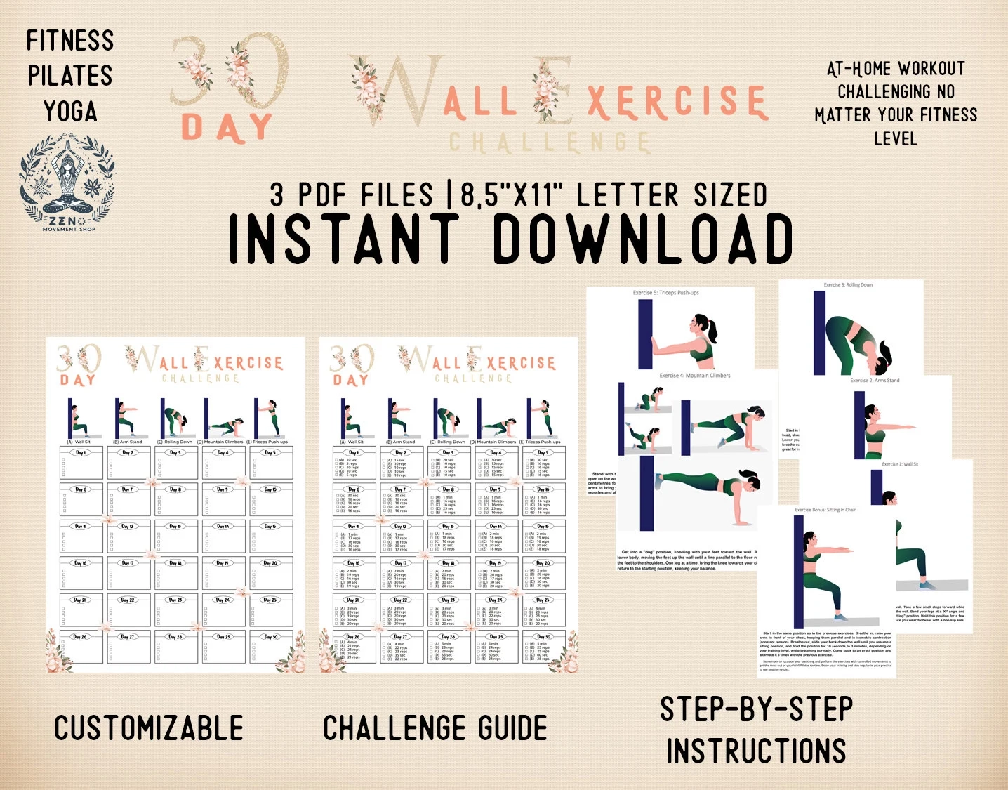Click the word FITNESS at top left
click(x=70, y=41)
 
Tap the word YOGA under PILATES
click(x=70, y=112)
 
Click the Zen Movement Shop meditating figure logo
click(x=67, y=180)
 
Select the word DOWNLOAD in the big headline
click(x=643, y=239)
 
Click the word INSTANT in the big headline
click(x=344, y=239)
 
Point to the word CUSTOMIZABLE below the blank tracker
click(x=149, y=728)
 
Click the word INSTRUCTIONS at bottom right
click(x=756, y=751)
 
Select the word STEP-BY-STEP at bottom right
click(x=756, y=709)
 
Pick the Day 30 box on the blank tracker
click(x=270, y=647)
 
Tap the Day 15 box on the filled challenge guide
click(x=543, y=538)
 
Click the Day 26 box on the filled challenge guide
click(x=353, y=647)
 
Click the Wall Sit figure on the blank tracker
click(x=78, y=419)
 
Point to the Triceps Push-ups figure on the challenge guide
click(x=541, y=419)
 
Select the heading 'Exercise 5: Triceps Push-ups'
click(x=665, y=293)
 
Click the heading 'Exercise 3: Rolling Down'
click(x=848, y=285)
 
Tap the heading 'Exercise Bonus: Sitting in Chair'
click(x=825, y=510)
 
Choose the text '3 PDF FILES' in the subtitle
click(x=352, y=195)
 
